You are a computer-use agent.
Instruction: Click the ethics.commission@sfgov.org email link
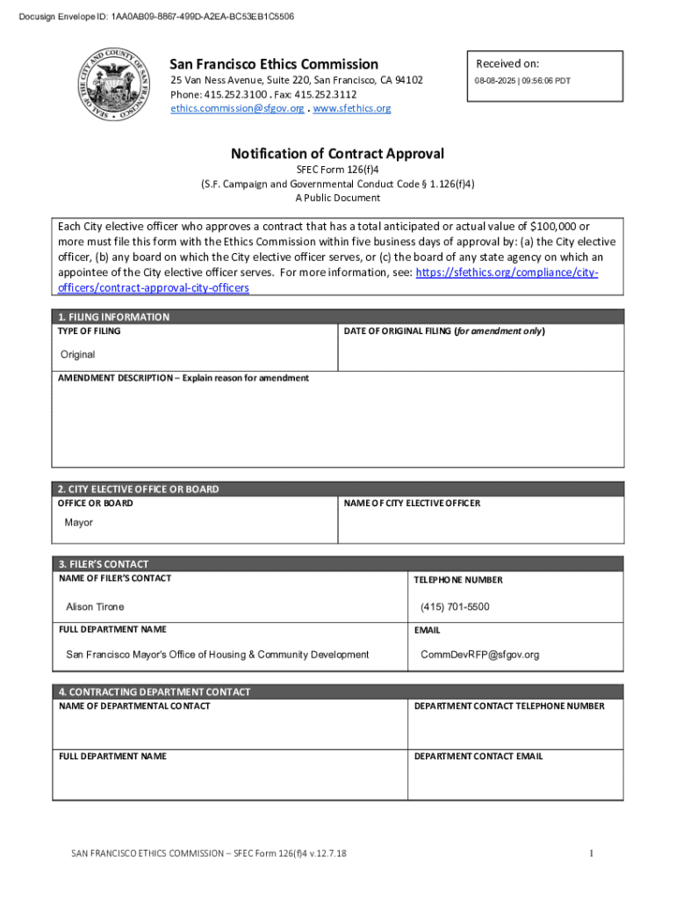237,108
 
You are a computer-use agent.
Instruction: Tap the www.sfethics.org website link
352,108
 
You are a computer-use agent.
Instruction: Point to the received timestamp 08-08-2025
521,81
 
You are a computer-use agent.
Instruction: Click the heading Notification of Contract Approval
337,154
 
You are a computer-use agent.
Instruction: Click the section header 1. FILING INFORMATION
114,316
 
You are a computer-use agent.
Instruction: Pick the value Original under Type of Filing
77,354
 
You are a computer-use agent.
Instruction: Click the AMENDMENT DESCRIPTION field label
183,378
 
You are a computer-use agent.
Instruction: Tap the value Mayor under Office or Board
78,522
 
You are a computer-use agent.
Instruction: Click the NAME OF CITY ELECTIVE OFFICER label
412,504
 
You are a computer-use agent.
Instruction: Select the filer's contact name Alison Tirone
95,606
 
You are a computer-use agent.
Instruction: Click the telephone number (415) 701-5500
455,606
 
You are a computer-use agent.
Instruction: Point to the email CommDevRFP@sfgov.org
479,654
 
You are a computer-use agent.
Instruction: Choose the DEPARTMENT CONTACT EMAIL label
478,756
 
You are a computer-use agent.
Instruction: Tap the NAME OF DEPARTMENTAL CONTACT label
134,706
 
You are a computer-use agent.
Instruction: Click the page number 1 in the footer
592,853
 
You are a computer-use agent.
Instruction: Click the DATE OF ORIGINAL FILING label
444,331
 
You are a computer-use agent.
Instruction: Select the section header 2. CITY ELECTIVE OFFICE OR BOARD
139,489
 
